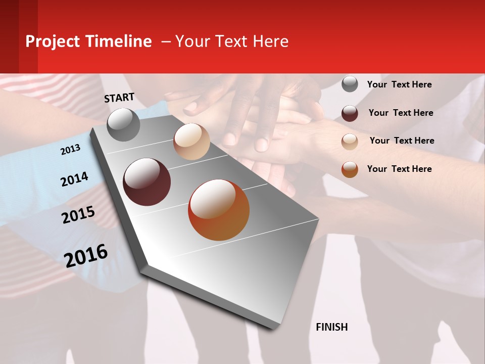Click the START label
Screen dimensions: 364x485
tap(119, 98)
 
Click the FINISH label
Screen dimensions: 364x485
tap(332, 327)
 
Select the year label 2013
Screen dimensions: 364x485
tap(71, 150)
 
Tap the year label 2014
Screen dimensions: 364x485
tap(75, 179)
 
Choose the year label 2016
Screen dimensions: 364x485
tap(86, 256)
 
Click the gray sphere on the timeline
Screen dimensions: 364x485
tap(123, 124)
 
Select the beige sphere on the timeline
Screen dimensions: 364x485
tap(191, 142)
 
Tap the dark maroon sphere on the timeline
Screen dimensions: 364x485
tap(147, 182)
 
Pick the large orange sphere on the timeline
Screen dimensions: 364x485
tap(219, 210)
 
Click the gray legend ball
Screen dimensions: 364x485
tap(350, 84)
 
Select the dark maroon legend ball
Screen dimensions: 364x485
tap(350, 113)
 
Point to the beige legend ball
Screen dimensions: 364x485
tap(350, 142)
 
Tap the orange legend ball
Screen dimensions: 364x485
tap(350, 169)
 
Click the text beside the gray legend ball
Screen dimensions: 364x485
tap(399, 84)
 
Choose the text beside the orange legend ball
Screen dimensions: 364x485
tap(399, 169)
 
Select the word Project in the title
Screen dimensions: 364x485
tap(53, 41)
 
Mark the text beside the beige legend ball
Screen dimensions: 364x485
tap(402, 141)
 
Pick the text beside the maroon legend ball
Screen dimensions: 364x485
tap(401, 113)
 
